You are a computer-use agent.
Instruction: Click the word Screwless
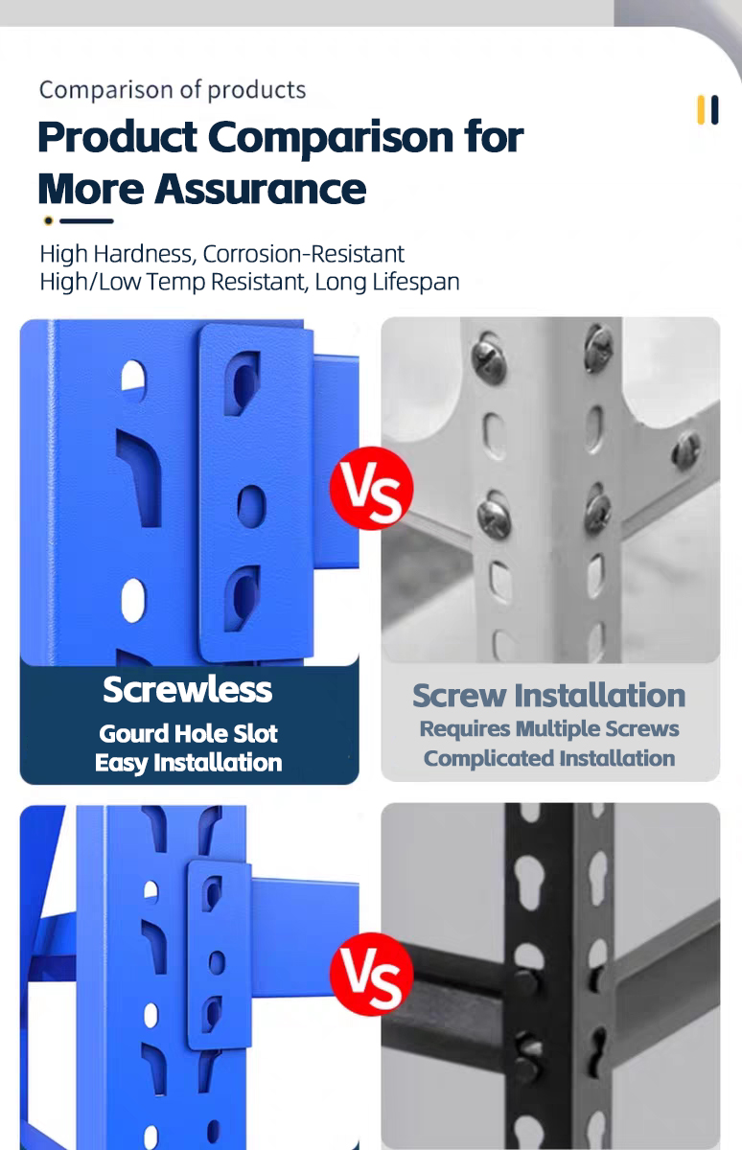tap(188, 689)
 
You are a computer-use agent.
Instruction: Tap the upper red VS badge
tap(371, 488)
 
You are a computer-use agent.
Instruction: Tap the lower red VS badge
tap(371, 974)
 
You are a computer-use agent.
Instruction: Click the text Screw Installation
tap(549, 696)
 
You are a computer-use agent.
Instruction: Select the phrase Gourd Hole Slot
tap(189, 734)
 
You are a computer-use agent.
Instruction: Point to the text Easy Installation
tap(189, 763)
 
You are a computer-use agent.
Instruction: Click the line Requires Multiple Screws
tap(549, 729)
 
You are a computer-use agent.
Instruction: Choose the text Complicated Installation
tap(549, 758)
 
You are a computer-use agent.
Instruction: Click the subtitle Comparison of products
tap(173, 90)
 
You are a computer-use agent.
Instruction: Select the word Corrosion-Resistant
tap(304, 254)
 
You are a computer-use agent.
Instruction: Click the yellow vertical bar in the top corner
tap(701, 110)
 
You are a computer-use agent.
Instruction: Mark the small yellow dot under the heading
tap(48, 220)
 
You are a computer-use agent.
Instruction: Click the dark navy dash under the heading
tap(86, 220)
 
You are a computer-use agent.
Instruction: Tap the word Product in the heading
tap(118, 137)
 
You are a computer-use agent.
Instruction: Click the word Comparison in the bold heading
tap(331, 139)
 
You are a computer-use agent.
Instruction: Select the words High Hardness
tap(117, 254)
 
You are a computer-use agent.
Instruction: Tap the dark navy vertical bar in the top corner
tap(714, 110)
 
